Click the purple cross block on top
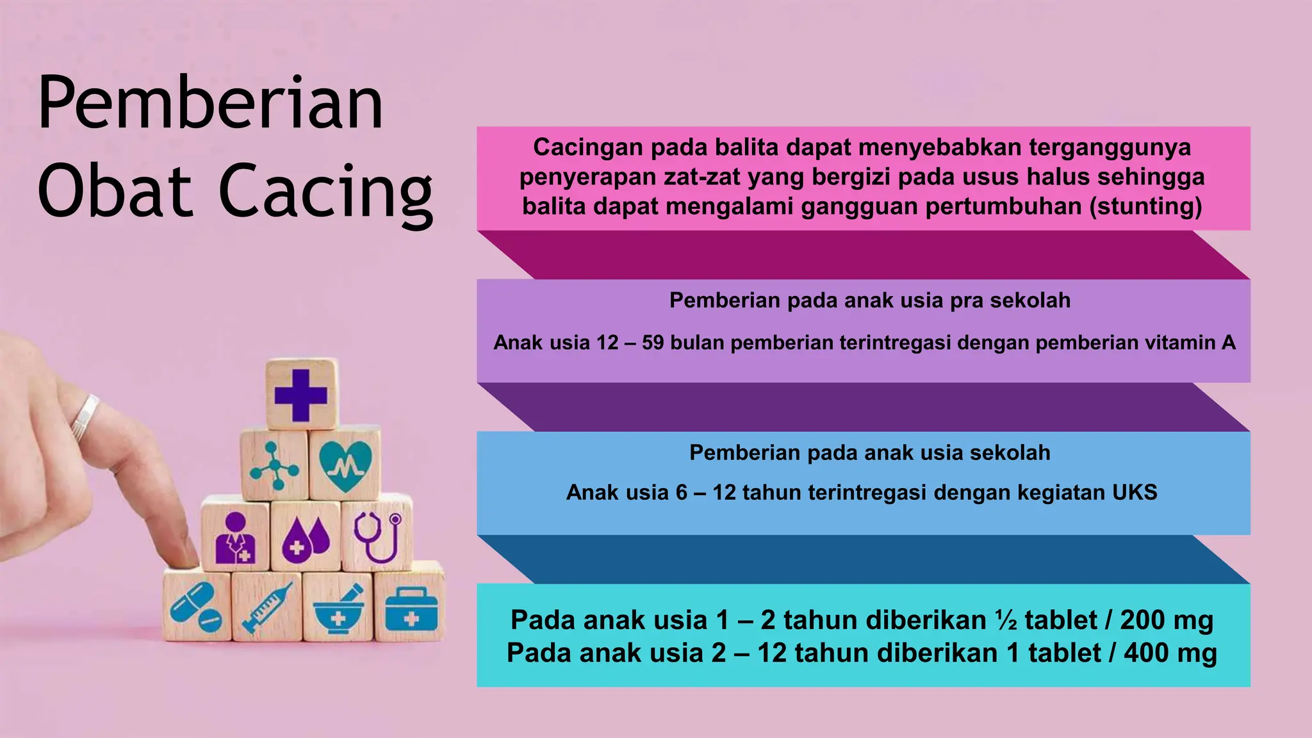[301, 395]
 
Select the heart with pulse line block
[345, 464]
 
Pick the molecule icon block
[274, 466]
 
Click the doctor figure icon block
[235, 537]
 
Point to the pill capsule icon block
[196, 606]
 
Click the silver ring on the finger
[85, 417]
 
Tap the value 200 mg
[1167, 620]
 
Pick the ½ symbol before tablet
[1005, 620]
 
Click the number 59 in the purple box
[653, 343]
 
